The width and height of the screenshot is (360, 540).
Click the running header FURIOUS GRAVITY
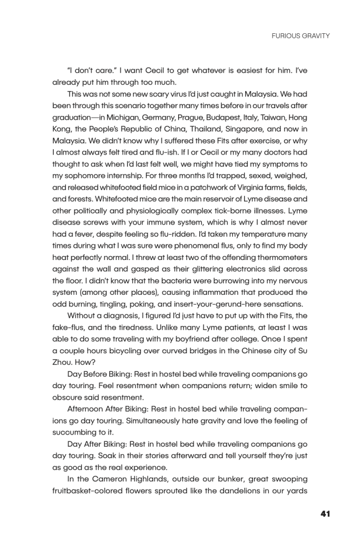(300, 36)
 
